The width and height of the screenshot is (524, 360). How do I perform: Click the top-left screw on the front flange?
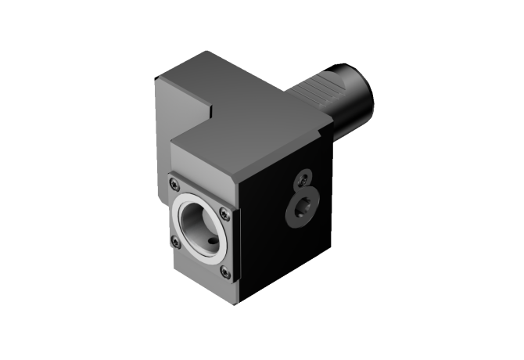pyautogui.click(x=175, y=185)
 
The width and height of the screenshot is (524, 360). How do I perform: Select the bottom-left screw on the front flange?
pyautogui.click(x=175, y=242)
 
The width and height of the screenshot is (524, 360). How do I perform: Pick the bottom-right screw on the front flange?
pyautogui.click(x=225, y=272)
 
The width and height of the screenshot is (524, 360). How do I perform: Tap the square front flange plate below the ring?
pyautogui.click(x=196, y=266)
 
